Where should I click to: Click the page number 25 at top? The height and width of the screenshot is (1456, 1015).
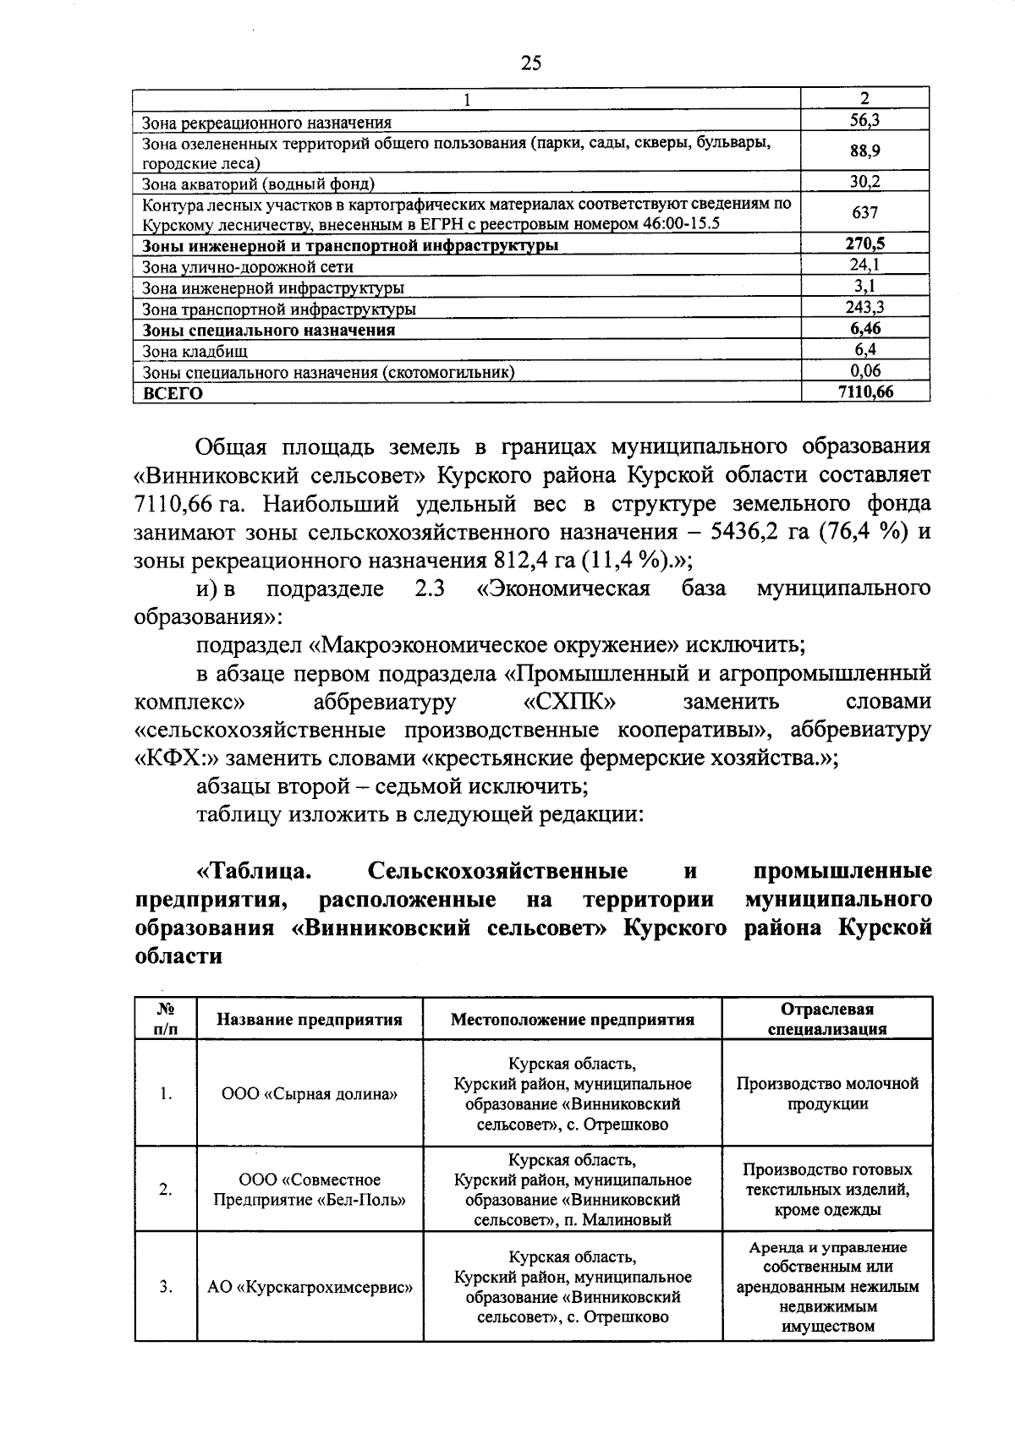(530, 63)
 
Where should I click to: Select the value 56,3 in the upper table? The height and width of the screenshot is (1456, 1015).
(864, 120)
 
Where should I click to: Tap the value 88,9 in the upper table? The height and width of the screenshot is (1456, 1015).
(864, 151)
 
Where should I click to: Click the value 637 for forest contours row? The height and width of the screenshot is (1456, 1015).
(864, 212)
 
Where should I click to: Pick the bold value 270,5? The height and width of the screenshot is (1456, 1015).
(864, 244)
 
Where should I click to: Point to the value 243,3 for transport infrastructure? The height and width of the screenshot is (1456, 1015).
(864, 308)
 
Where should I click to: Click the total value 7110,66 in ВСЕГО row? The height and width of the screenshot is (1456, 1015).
(864, 391)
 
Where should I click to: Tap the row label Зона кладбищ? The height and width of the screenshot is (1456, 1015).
(195, 351)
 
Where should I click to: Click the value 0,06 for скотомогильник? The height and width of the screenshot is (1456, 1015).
(864, 370)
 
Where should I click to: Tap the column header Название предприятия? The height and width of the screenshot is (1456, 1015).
(310, 1019)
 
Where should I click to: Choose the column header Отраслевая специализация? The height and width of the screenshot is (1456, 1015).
(826, 1019)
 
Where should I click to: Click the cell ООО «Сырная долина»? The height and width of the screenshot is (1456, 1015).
(310, 1093)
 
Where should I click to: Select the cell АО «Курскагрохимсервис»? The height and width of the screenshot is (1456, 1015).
(310, 1288)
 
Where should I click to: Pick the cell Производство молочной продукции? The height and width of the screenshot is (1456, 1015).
(826, 1093)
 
